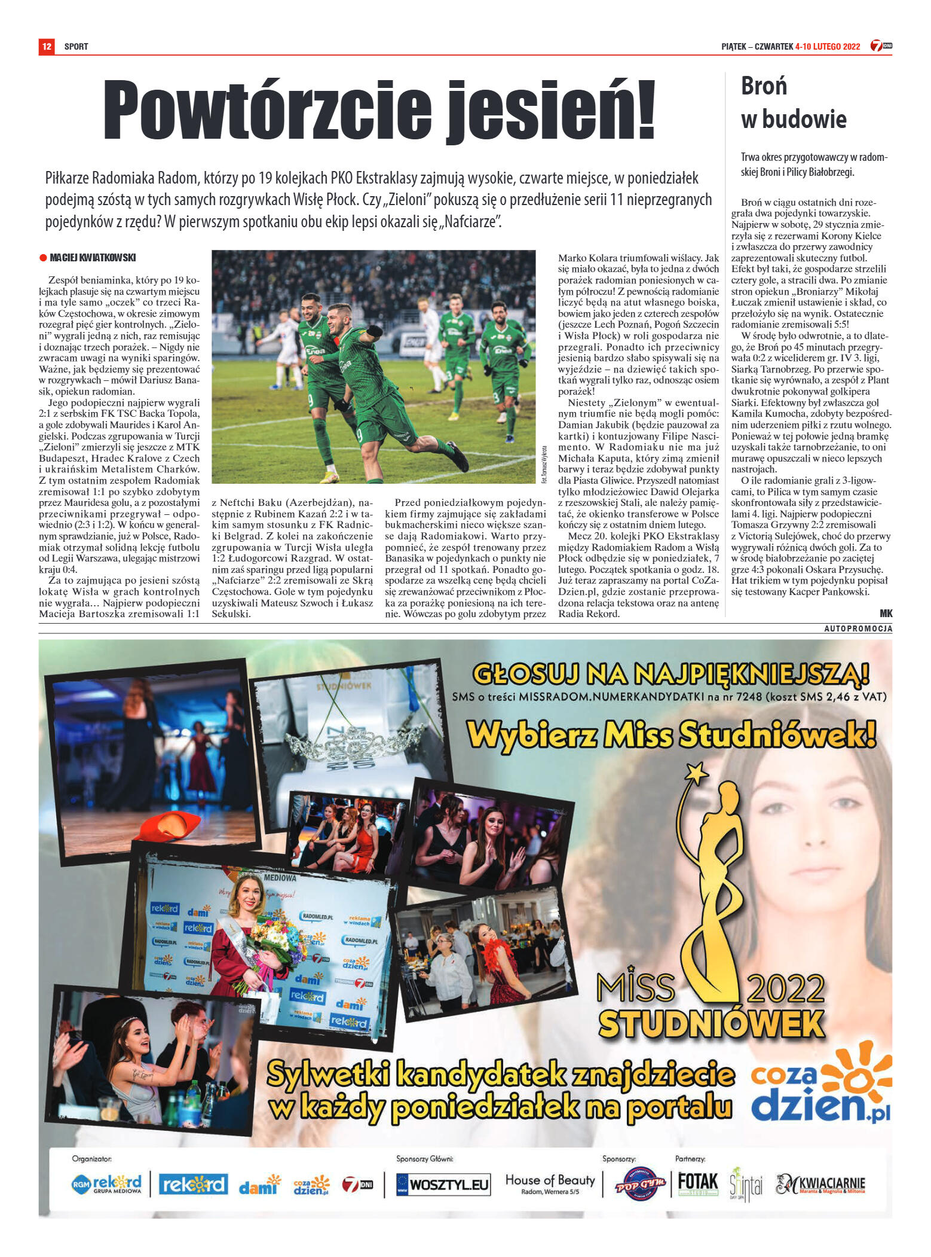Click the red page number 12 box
pos(47,46)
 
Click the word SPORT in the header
pos(76,47)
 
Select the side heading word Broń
pos(764,86)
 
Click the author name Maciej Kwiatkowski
pos(93,258)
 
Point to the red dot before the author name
pos(43,258)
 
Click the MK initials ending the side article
pos(886,614)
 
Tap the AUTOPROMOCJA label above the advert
pos(858,628)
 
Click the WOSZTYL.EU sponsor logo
pos(443,1184)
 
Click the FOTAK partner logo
pos(697,1182)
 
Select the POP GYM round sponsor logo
pos(640,1185)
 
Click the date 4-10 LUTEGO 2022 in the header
pos(828,47)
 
